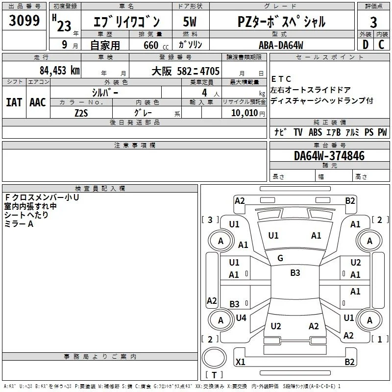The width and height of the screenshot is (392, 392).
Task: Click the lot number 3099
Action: click(x=24, y=20)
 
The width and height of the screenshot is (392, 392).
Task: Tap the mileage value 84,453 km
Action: click(x=60, y=71)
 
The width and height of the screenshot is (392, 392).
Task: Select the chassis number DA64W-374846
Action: click(x=329, y=156)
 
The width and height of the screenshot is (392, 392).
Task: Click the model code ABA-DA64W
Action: click(x=281, y=45)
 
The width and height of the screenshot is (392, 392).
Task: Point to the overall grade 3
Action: click(x=373, y=23)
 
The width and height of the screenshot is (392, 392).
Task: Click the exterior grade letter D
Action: click(x=366, y=45)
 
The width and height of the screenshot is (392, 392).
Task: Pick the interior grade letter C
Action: click(x=382, y=45)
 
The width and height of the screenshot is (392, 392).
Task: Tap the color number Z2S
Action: click(x=81, y=113)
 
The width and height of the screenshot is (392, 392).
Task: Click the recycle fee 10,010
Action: click(x=245, y=113)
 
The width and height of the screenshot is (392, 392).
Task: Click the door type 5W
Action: click(x=190, y=22)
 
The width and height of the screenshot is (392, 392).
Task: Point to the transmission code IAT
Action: click(x=14, y=102)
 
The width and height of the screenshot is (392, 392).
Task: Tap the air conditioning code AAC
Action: click(x=38, y=102)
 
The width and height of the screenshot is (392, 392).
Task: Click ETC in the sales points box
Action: click(x=281, y=79)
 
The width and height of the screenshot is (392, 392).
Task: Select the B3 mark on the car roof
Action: click(x=295, y=272)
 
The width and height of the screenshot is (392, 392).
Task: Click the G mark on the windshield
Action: click(x=280, y=258)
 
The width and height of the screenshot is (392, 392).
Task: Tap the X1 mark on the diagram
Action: click(x=241, y=362)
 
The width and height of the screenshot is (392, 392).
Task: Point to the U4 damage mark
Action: click(x=241, y=318)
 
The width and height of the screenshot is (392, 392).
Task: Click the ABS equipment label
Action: click(x=315, y=132)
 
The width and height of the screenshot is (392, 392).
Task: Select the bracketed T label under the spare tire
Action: click(x=214, y=375)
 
